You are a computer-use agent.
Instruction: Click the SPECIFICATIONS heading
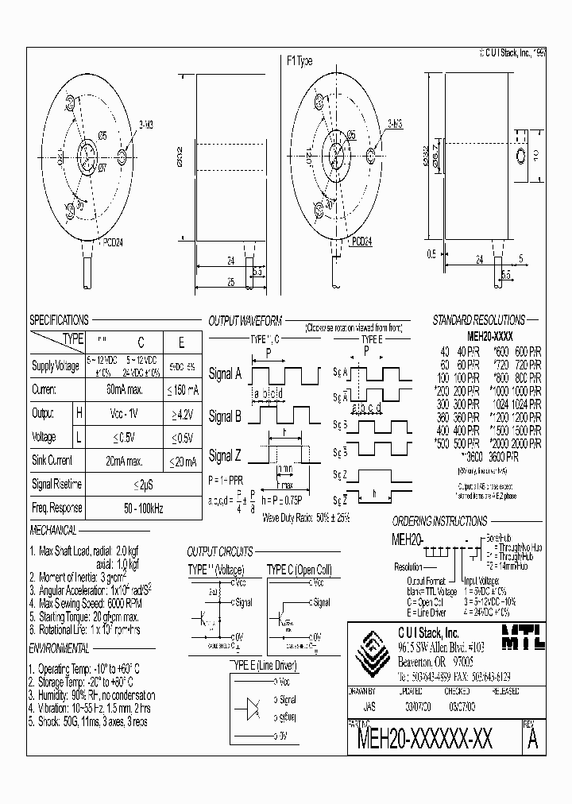pos(60,320)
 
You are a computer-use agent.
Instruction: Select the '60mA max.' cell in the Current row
pos(141,390)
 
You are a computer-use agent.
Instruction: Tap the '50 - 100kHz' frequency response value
pos(141,508)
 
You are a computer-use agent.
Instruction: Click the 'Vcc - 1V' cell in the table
pos(141,414)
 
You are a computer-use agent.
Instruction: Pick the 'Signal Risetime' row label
pos(56,484)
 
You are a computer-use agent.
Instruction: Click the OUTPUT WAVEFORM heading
pos(245,321)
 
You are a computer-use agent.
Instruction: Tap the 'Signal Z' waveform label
pos(225,456)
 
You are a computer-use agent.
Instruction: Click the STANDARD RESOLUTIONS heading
pos(478,320)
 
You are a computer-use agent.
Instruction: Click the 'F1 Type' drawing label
pos(300,61)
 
